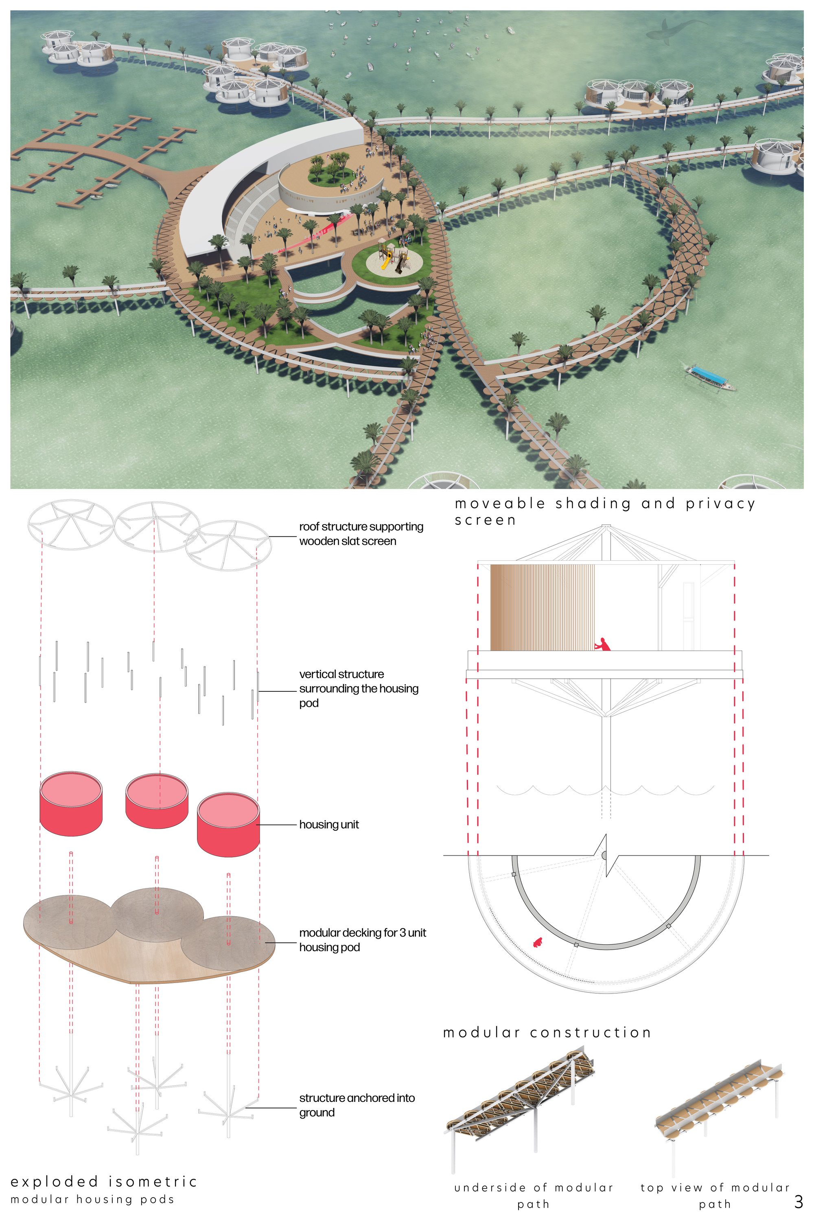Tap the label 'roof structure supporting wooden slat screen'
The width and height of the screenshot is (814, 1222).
361,533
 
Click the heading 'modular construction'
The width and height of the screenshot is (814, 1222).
547,1032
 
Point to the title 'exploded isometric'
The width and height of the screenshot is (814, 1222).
104,1182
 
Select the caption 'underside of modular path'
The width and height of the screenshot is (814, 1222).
534,1196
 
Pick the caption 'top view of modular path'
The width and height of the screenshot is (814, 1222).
715,1196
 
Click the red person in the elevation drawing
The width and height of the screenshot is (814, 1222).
603,644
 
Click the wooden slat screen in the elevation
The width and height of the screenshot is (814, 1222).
543,608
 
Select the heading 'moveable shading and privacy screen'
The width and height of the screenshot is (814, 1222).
605,511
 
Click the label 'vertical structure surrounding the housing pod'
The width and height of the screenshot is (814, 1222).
359,688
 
